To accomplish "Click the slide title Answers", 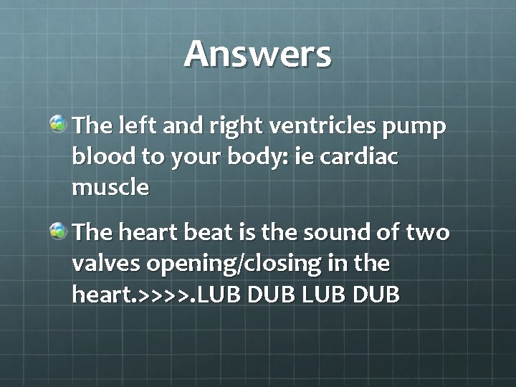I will [x=257, y=54].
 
